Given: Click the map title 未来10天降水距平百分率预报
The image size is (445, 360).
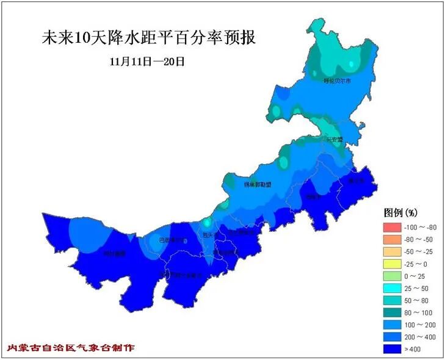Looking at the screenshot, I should coord(148,38).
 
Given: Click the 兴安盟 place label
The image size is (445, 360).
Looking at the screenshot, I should coord(334,139).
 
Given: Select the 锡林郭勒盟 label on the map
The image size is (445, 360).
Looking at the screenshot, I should coord(257,184).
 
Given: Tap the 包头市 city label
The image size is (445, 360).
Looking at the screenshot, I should coord(209,234).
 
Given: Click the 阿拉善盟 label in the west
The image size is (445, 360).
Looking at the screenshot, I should coord(114,253).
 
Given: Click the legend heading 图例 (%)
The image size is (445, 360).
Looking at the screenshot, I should coord(400,213).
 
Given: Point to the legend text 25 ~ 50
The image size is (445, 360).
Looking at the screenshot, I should coord(418,288).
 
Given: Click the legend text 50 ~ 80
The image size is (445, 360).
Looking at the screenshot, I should coord(418,300).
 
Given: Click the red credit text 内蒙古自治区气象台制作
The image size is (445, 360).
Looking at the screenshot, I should coord(70,347).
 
